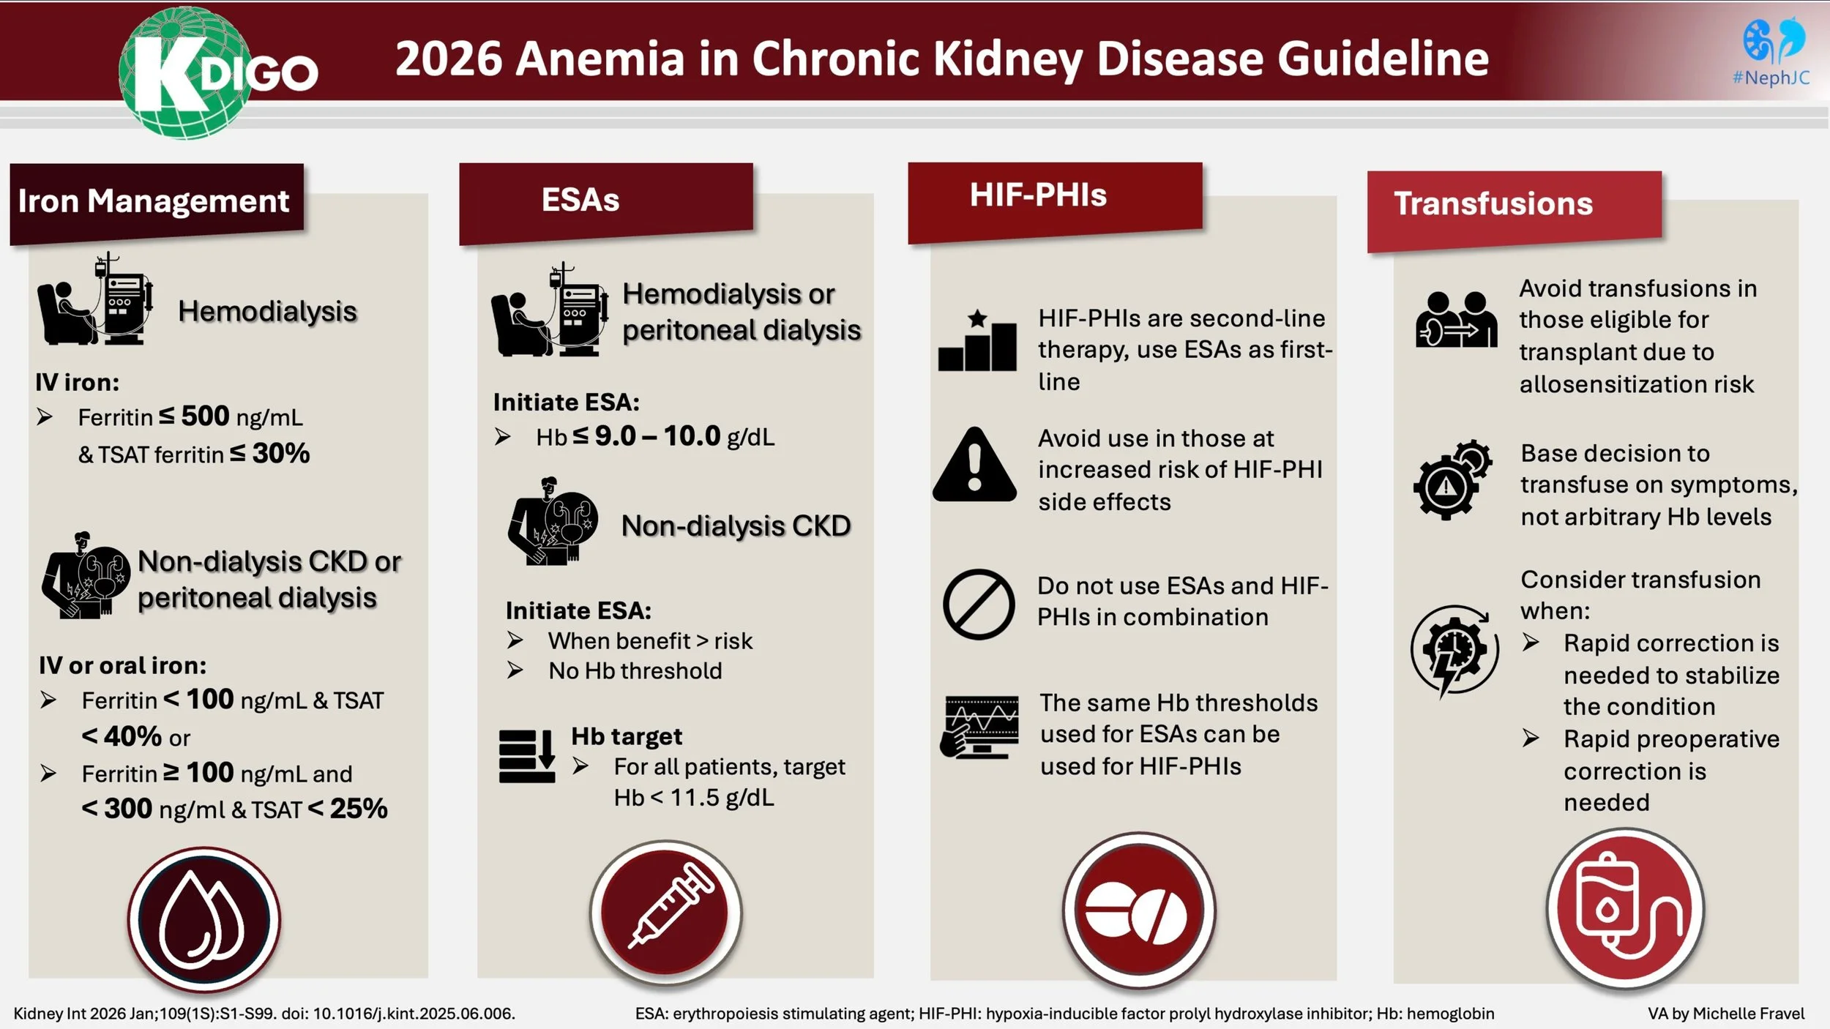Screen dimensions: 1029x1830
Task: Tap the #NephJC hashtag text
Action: [1771, 78]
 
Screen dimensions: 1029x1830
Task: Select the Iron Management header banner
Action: [156, 201]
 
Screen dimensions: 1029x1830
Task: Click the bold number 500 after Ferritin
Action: [205, 416]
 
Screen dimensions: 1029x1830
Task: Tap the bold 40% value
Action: [132, 736]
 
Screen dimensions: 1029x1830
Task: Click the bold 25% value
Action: [358, 809]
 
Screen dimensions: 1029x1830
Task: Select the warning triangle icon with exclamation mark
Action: [974, 466]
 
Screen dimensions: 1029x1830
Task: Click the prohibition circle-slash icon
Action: [978, 605]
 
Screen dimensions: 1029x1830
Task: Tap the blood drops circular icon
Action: [203, 919]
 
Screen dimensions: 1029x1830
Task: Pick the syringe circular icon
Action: [665, 912]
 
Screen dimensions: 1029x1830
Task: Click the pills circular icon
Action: [1138, 912]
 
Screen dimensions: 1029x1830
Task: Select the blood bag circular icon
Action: [1625, 908]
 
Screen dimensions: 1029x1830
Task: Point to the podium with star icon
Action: [977, 341]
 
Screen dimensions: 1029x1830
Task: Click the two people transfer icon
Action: [1455, 320]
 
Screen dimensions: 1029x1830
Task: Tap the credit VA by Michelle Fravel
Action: [1725, 1014]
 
